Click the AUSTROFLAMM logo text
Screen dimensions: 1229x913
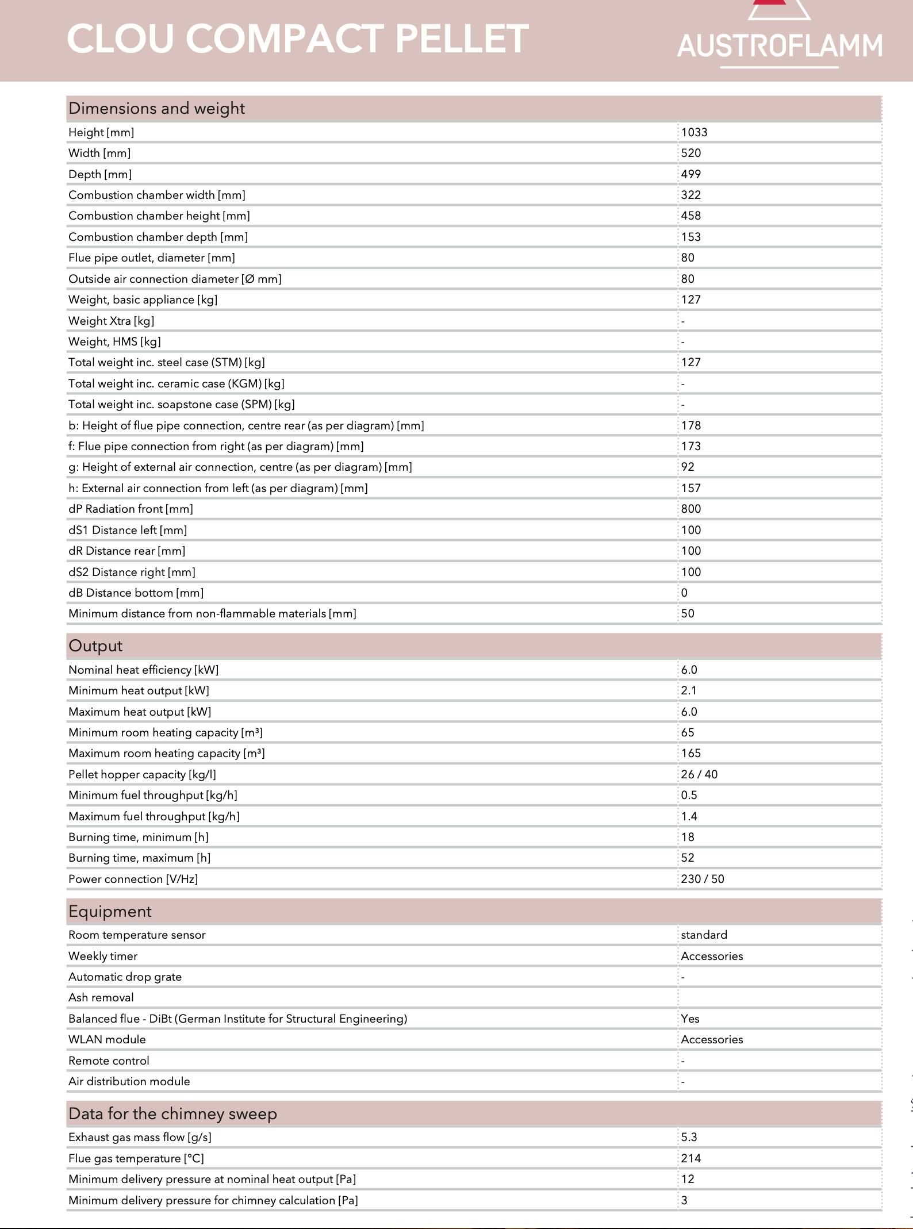pos(779,45)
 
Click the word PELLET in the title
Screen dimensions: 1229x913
pos(462,39)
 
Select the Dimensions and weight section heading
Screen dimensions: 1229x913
pos(156,109)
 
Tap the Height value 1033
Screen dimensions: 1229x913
pos(694,132)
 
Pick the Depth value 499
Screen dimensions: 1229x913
pos(690,174)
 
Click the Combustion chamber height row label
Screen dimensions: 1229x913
pos(159,216)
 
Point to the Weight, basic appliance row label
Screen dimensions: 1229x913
pos(143,299)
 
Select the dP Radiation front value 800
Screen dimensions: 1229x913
pos(690,509)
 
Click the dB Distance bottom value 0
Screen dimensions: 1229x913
pos(684,593)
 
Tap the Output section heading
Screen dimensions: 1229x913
pos(95,646)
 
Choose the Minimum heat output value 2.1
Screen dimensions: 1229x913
pos(688,690)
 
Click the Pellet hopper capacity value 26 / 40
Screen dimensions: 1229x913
pos(699,774)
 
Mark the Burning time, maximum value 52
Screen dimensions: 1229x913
pos(688,858)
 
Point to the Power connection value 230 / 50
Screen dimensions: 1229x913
pos(703,879)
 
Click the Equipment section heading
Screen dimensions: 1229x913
pos(110,912)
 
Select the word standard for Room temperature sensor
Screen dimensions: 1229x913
pos(704,935)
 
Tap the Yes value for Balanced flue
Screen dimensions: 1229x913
pos(690,1019)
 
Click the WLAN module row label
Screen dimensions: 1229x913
pos(107,1039)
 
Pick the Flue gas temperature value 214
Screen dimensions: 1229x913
pos(690,1158)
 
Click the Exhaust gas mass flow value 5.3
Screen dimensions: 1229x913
pos(689,1137)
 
